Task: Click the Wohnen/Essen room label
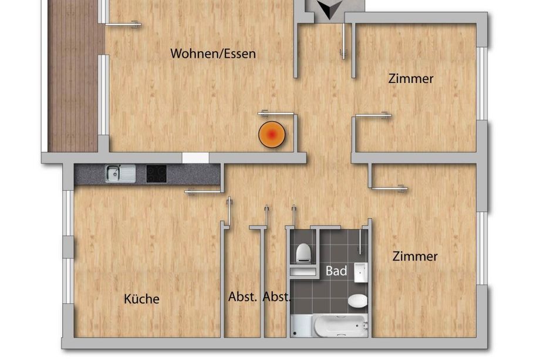click(x=213, y=54)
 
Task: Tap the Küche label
click(x=141, y=299)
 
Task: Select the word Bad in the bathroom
click(x=336, y=271)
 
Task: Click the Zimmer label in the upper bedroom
click(x=410, y=79)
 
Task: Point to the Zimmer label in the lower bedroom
click(x=415, y=256)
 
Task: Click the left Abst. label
click(x=242, y=297)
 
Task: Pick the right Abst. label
click(x=276, y=297)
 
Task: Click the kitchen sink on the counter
click(x=120, y=174)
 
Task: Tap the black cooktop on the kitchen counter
click(x=156, y=174)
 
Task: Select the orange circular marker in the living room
click(x=272, y=134)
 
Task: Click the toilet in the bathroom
click(x=303, y=254)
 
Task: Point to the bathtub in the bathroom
click(x=329, y=325)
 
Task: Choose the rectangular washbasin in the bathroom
click(x=361, y=272)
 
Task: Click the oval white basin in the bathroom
click(x=357, y=301)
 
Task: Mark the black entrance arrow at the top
click(x=330, y=9)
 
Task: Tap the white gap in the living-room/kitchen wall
click(x=195, y=158)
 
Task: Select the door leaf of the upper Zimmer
click(x=373, y=116)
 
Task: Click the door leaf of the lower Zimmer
click(x=389, y=189)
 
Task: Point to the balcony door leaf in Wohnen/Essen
click(x=123, y=24)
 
